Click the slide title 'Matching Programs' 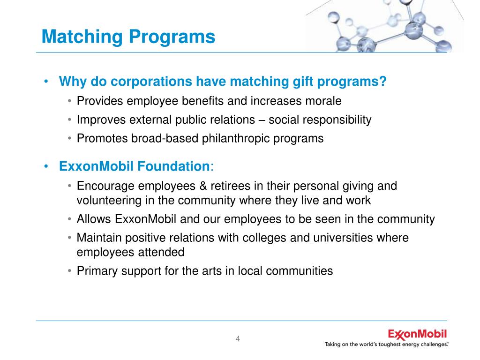coord(128,37)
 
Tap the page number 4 coord(238,339)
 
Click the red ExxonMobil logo coord(417,334)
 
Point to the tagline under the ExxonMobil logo coord(387,345)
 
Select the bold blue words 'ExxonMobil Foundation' coord(134,166)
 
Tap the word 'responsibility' coord(337,120)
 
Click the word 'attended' coord(160,252)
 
